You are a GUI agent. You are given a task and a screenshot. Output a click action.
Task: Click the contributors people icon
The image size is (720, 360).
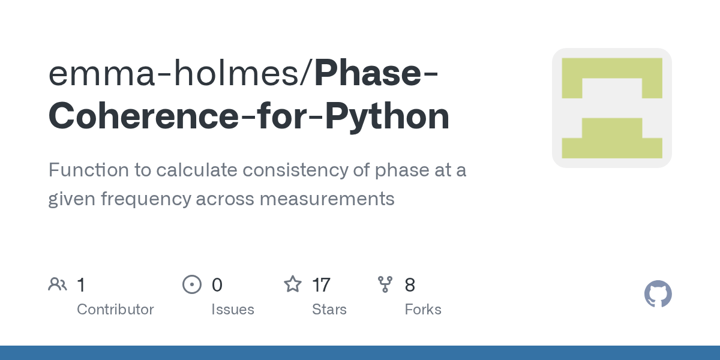click(x=58, y=284)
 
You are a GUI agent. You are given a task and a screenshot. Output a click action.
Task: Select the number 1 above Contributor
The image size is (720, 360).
click(x=81, y=285)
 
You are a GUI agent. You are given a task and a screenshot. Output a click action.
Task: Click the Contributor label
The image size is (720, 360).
click(x=115, y=310)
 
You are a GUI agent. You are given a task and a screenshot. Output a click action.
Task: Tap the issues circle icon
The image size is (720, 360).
click(x=192, y=284)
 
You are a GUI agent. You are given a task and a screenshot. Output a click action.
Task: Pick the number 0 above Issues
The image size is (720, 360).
click(x=217, y=285)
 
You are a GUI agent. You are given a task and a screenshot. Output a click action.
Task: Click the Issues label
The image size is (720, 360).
click(x=232, y=310)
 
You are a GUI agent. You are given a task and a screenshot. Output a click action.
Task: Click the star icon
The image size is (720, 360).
click(x=293, y=284)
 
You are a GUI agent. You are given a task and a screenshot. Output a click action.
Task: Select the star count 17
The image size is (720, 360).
click(x=321, y=285)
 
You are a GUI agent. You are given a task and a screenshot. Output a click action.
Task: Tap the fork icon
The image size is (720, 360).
click(x=385, y=284)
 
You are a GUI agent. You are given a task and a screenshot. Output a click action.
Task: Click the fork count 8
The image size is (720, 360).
click(x=410, y=285)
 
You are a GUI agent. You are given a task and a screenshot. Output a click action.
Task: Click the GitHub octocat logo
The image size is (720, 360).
click(x=658, y=294)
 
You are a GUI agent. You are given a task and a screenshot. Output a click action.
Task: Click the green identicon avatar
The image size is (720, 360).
click(x=611, y=108)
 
